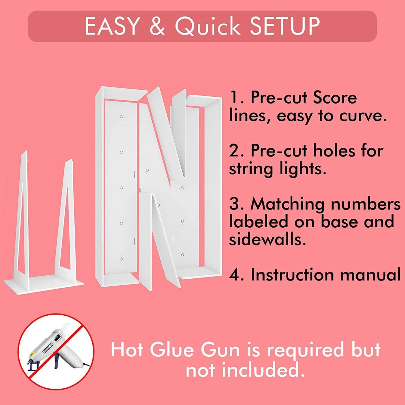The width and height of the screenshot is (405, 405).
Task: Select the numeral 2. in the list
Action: pos(237,150)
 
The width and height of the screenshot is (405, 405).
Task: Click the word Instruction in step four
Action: pos(293,275)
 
